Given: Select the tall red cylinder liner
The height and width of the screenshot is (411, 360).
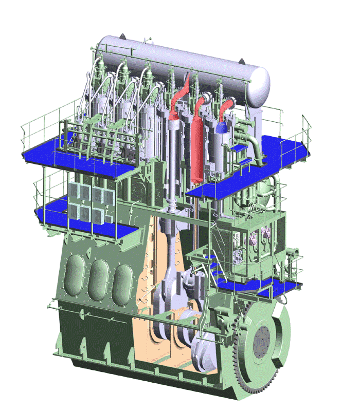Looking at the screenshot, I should tap(196, 149).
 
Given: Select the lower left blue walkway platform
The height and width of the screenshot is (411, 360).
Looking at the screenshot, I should tap(77, 216).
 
